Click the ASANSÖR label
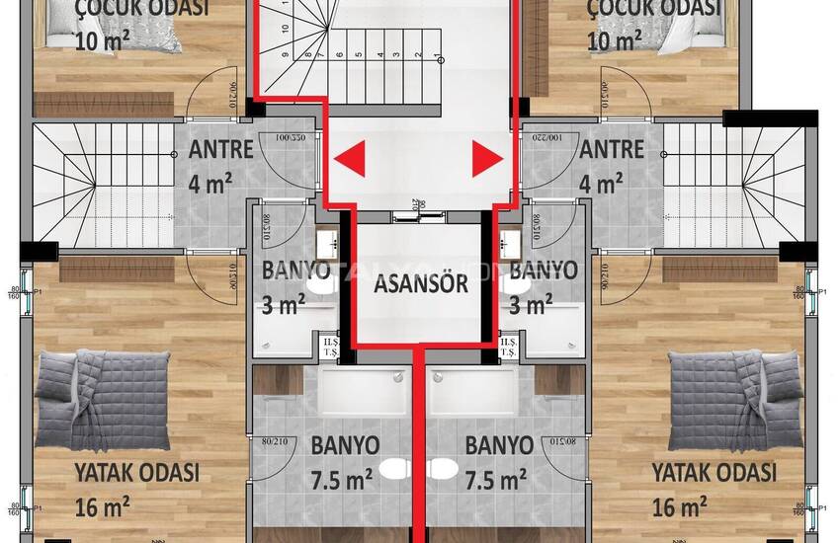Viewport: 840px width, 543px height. click(420, 285)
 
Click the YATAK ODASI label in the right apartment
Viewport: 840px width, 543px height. click(714, 472)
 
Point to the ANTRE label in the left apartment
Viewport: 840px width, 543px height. click(221, 151)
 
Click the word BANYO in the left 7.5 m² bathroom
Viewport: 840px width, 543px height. click(345, 445)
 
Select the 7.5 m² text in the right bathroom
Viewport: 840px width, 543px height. click(495, 480)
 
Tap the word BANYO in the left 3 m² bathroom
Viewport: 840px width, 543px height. click(295, 270)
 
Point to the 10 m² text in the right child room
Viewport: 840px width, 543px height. click(614, 40)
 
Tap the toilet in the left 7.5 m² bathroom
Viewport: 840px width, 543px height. click(394, 467)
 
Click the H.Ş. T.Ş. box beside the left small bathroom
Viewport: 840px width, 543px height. click(328, 349)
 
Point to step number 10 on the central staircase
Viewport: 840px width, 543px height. click(286, 30)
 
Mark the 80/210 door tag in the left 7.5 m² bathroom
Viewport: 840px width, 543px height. click(269, 441)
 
